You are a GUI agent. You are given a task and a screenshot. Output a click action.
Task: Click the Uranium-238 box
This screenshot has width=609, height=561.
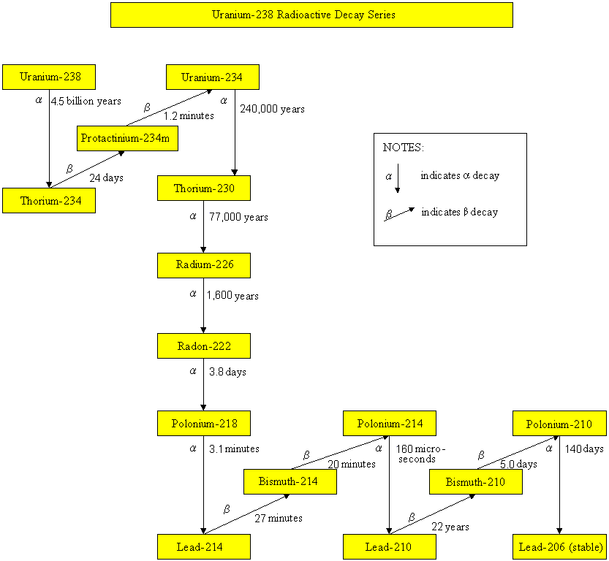(x=49, y=77)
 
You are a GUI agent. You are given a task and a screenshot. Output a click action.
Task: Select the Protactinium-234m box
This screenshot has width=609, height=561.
(x=127, y=139)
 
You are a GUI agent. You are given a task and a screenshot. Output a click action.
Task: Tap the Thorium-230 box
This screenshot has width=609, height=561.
(x=204, y=188)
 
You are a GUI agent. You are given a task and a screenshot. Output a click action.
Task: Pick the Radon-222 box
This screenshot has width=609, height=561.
(x=204, y=346)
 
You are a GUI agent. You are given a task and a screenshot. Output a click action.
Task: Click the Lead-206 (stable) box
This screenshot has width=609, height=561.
(x=560, y=547)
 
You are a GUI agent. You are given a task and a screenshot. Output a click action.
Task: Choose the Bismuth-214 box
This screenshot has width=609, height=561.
(x=290, y=481)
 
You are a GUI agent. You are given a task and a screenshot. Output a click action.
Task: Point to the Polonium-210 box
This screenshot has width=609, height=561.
(x=560, y=423)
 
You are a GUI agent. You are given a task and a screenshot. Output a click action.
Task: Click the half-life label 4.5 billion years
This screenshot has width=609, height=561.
(x=86, y=102)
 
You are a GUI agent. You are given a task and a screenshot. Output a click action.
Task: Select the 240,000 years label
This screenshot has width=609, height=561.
(x=272, y=109)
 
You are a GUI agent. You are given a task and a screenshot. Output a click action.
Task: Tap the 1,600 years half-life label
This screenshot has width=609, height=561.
(x=232, y=296)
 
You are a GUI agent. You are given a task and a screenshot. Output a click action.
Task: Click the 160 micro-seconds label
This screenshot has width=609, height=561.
(x=420, y=454)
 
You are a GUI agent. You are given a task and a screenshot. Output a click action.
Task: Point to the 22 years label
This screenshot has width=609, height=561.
(x=450, y=527)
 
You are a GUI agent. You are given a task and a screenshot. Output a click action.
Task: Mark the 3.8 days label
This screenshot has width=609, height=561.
(x=227, y=372)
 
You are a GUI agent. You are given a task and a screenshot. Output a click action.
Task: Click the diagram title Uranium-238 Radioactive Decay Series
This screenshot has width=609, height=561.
(x=303, y=15)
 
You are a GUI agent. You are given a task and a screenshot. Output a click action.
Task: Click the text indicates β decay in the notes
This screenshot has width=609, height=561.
(x=459, y=213)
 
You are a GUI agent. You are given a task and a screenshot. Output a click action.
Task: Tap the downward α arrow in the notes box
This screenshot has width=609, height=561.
(x=398, y=178)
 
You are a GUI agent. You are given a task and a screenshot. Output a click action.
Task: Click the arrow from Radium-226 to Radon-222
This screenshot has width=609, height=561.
(x=203, y=305)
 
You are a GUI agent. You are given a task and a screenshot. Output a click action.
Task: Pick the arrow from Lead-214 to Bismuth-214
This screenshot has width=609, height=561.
(x=246, y=514)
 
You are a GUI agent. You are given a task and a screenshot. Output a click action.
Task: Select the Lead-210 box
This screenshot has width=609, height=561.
(x=390, y=547)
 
